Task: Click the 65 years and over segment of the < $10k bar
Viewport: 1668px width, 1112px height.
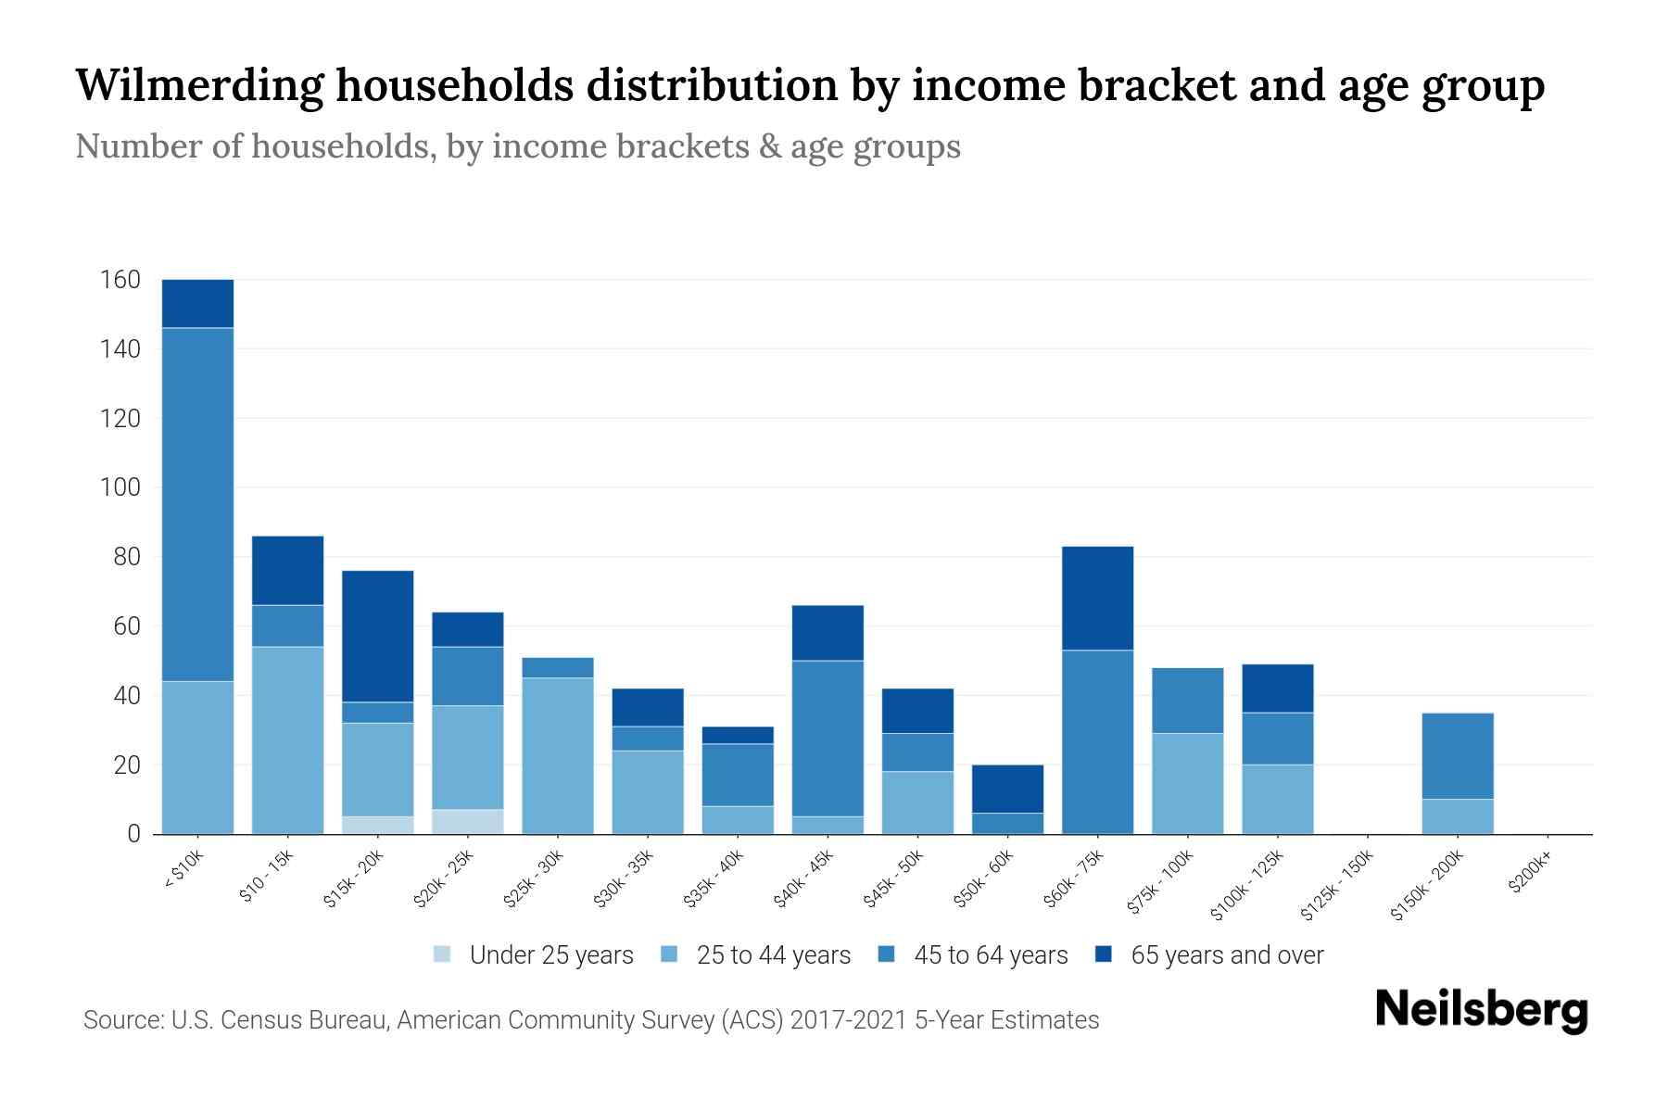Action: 197,303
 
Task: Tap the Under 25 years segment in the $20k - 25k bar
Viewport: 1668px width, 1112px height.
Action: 468,822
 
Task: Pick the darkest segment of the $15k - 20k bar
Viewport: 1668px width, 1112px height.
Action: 378,636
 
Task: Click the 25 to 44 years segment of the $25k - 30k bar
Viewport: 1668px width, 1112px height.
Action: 558,755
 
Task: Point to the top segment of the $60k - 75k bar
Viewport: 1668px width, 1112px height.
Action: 1098,599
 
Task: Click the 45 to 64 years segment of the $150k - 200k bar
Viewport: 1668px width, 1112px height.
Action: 1458,755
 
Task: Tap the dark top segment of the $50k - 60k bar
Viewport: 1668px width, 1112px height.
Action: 1007,789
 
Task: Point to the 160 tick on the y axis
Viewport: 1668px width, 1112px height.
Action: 120,280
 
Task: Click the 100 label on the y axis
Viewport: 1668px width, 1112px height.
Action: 120,487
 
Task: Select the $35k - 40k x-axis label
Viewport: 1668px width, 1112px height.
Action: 714,881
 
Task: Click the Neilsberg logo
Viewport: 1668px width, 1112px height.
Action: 1481,1010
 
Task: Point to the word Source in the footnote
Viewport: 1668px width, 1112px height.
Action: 121,1020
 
